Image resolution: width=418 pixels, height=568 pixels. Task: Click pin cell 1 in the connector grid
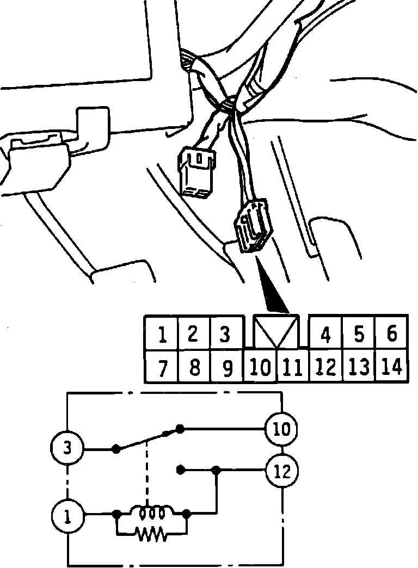pos(162,334)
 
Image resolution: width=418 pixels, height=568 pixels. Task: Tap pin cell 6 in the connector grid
pos(392,333)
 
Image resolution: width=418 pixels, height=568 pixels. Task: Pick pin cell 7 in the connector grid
pos(162,368)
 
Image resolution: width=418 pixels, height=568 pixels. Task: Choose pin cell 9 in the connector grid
pos(228,368)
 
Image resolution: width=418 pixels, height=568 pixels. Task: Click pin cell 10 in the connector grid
pos(260,368)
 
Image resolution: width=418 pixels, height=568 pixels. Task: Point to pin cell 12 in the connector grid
pos(325,368)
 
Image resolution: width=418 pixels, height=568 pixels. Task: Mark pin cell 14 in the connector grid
pos(391,368)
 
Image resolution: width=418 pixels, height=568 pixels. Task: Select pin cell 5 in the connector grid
pos(359,334)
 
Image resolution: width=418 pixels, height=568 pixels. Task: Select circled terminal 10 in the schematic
pos(281,429)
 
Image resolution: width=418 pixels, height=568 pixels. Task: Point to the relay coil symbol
pos(151,513)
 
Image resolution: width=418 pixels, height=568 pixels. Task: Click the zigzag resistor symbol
pos(152,534)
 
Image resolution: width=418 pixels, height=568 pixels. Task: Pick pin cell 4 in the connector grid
pos(325,334)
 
